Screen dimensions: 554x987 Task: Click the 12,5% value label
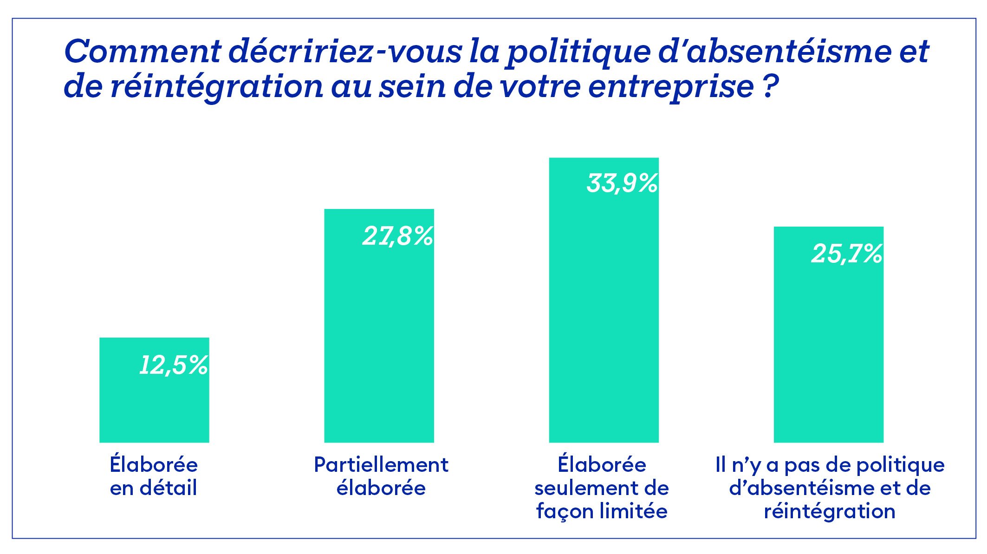(x=174, y=365)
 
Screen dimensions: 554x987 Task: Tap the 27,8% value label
(x=398, y=236)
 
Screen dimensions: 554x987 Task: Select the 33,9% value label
(x=622, y=183)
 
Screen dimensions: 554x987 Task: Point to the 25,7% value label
(x=847, y=254)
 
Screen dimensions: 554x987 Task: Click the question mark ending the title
(x=770, y=86)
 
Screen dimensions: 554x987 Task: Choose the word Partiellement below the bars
(x=381, y=465)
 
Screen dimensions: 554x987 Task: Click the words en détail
(x=154, y=488)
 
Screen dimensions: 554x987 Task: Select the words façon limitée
(x=602, y=512)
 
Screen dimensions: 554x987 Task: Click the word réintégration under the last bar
(x=830, y=511)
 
